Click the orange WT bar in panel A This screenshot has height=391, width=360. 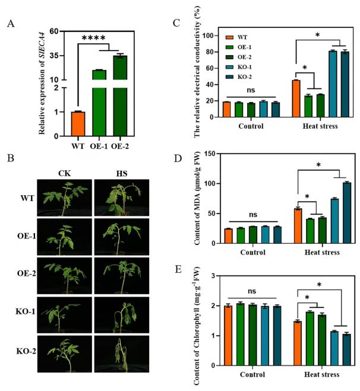(78, 123)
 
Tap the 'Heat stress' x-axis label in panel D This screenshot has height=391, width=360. (321, 252)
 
